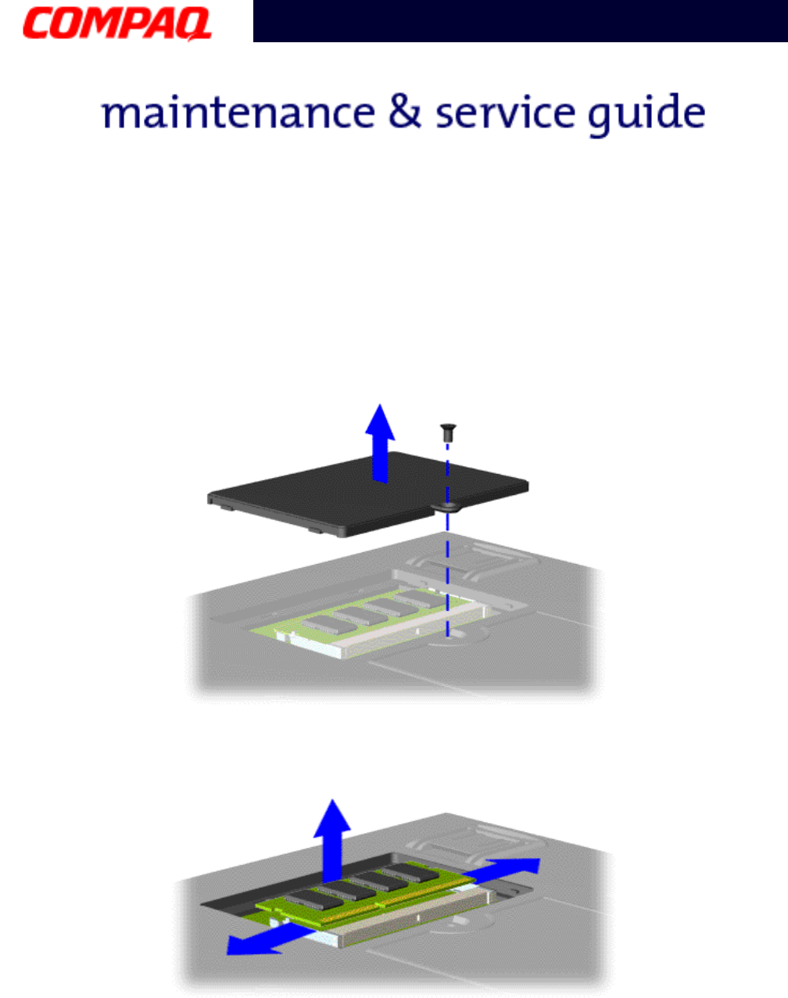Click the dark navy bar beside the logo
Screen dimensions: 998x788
point(519,21)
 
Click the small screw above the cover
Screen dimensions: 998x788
point(448,429)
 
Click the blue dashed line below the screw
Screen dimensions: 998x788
point(447,563)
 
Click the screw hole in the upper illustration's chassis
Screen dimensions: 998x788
point(449,635)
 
